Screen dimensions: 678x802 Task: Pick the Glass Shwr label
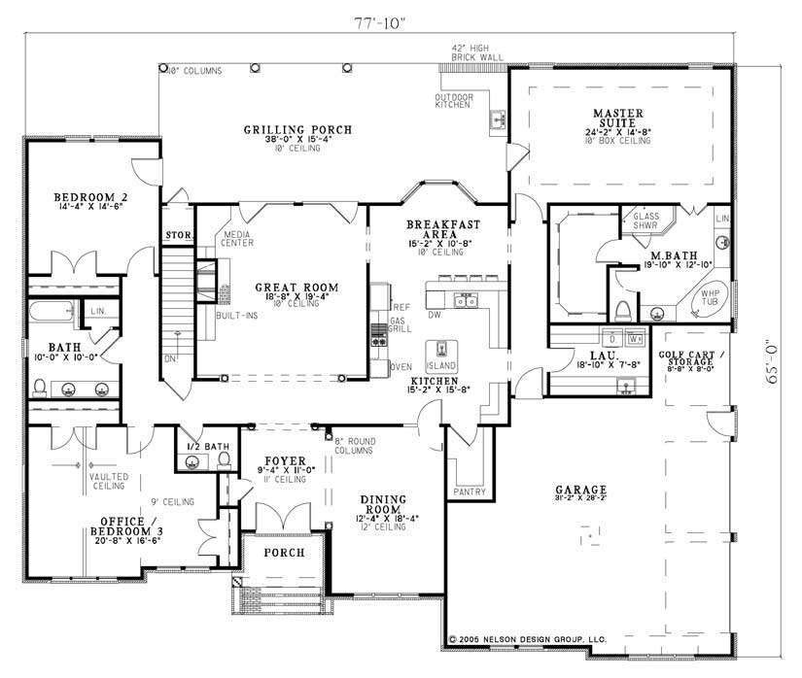click(x=646, y=220)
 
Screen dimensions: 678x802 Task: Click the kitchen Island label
click(x=441, y=366)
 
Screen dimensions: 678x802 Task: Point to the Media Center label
click(x=238, y=239)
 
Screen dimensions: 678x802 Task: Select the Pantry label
click(x=469, y=492)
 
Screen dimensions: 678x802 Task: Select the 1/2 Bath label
click(x=208, y=447)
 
